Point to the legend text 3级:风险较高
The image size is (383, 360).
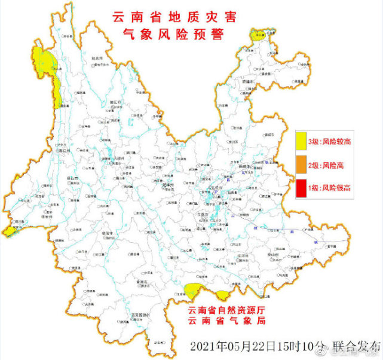click(330, 142)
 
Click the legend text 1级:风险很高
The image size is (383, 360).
click(330, 188)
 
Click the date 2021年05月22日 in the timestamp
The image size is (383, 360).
click(237, 346)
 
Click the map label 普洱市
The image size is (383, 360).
click(108, 232)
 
